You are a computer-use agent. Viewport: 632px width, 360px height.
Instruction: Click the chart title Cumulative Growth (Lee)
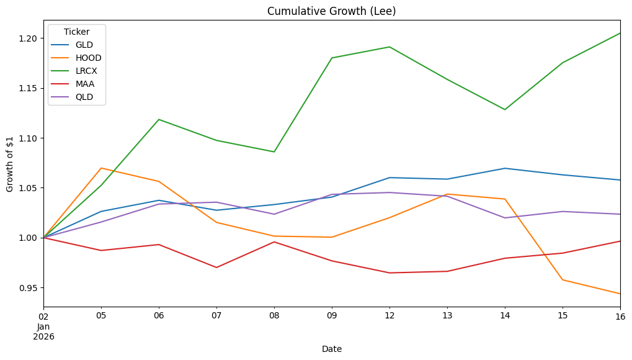332,11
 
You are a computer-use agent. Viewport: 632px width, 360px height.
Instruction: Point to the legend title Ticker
76,32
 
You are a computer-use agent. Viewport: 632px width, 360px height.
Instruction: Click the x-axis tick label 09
332,315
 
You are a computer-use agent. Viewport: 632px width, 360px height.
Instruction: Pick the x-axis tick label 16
620,315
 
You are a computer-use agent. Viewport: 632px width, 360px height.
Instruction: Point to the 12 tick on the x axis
389,315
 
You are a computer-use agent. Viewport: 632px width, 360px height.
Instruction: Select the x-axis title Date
332,349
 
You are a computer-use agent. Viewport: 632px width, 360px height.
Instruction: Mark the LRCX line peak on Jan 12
389,47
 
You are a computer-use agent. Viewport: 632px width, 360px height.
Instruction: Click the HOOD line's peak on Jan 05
101,168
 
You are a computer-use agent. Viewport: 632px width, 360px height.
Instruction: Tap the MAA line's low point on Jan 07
216,268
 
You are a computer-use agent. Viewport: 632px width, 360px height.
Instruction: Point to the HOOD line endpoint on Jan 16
620,294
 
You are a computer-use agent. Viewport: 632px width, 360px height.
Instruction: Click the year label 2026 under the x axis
43,337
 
